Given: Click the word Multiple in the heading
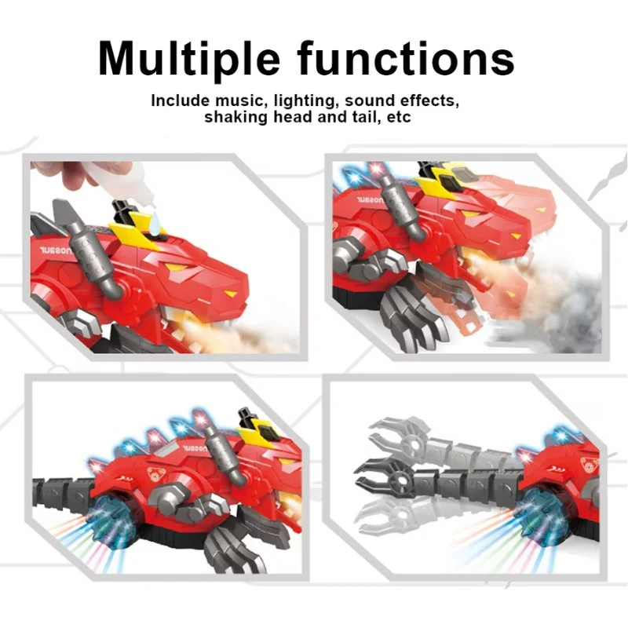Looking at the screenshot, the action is click(x=188, y=59).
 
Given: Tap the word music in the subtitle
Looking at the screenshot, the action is click(x=240, y=100).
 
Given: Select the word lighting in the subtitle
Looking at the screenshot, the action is click(x=304, y=101).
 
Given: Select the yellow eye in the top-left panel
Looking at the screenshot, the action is click(x=230, y=294).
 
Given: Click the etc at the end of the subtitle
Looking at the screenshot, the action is click(x=399, y=117).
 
